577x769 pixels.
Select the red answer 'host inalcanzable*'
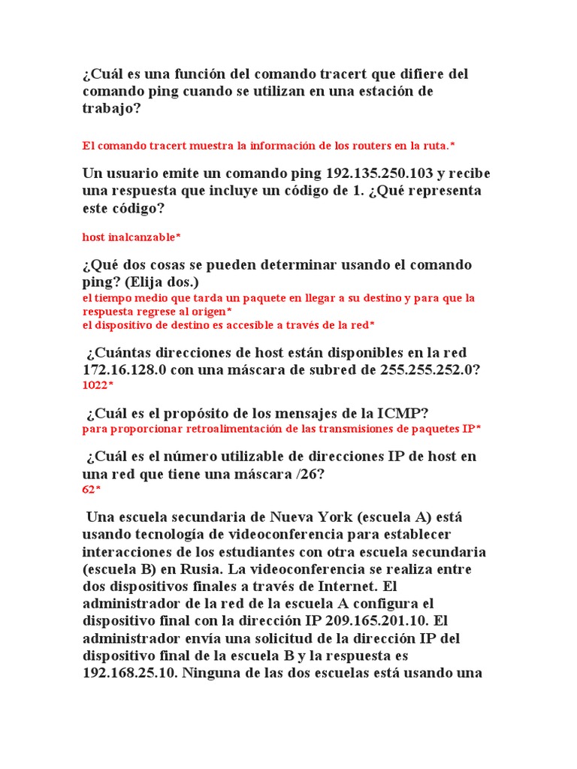click(x=131, y=237)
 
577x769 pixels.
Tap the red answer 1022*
click(x=98, y=385)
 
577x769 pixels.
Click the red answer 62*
click(x=92, y=489)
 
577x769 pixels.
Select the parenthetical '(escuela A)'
click(x=391, y=517)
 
